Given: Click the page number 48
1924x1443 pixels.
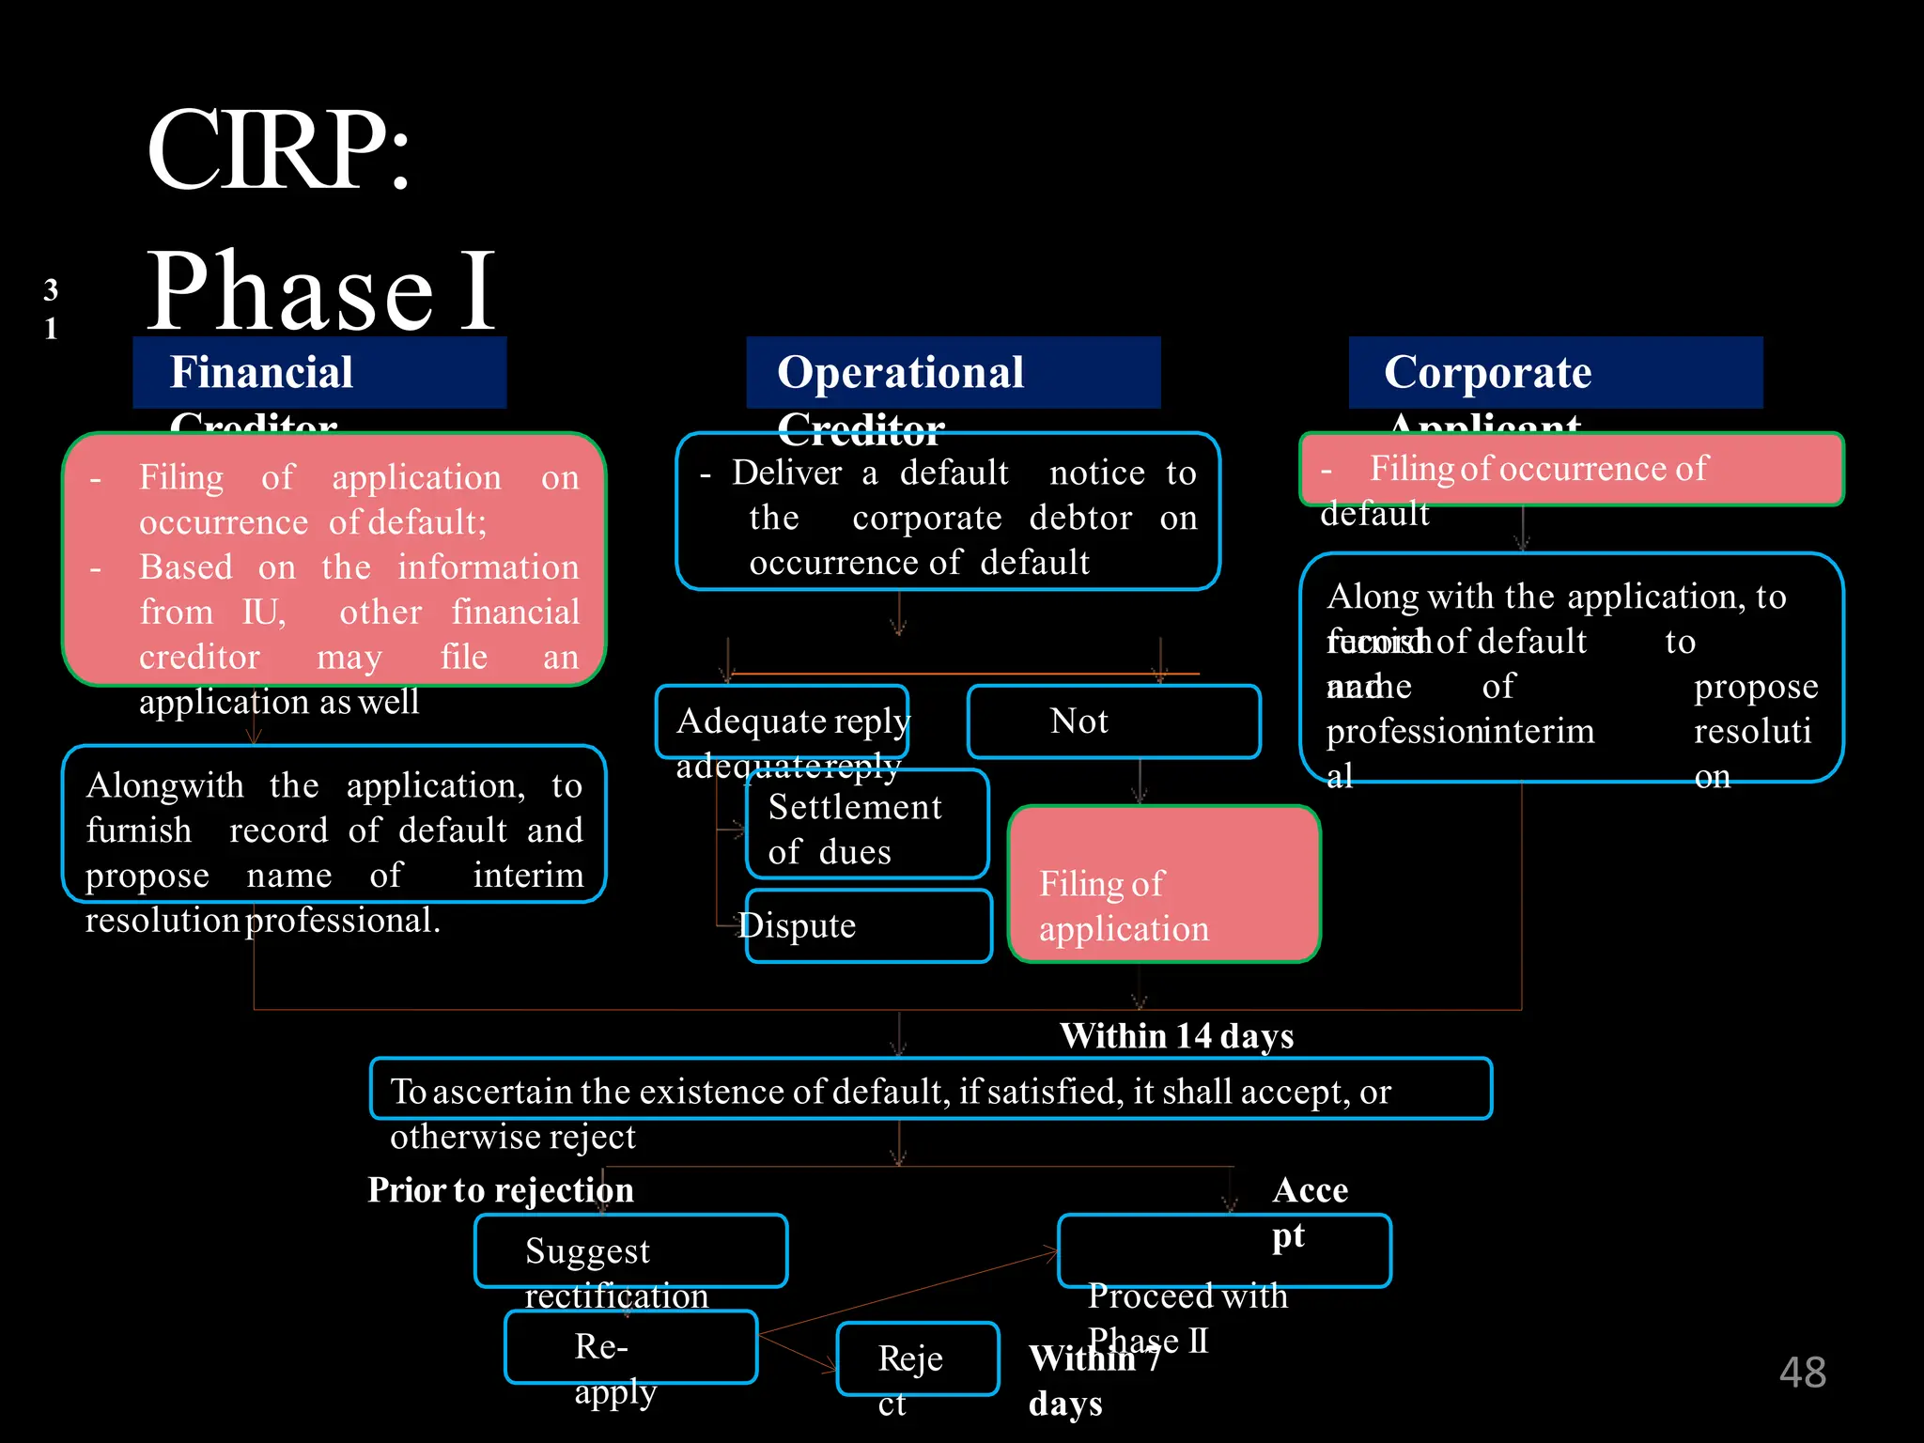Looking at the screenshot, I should (1802, 1373).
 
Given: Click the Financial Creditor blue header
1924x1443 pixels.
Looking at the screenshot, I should (319, 373).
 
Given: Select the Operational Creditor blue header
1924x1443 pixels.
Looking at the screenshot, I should (953, 373).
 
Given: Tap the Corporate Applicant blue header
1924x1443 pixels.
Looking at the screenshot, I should (1555, 373).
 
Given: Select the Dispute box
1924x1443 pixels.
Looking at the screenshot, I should (868, 926).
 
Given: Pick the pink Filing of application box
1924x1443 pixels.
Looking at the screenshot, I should (1164, 884).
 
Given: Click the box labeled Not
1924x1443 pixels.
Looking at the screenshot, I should (1113, 721).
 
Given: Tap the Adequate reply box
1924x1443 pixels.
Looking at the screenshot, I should (782, 721).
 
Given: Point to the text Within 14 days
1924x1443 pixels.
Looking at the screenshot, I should (1176, 1036).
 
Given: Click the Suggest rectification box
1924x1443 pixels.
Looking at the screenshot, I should (630, 1250).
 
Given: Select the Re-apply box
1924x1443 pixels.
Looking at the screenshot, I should (630, 1347).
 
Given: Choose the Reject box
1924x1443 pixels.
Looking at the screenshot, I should (917, 1359).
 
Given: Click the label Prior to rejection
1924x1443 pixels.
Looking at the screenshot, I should (500, 1190).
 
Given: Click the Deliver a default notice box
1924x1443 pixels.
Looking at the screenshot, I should (947, 512).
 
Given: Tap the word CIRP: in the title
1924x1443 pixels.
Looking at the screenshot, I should (279, 150).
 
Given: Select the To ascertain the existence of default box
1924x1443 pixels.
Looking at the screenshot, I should (930, 1089).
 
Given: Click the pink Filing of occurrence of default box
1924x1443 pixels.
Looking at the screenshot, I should (1571, 469).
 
